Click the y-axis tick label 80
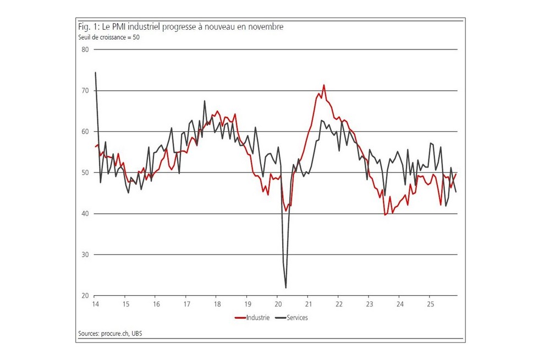[x=85, y=49]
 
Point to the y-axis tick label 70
[x=85, y=91]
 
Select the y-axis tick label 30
[x=85, y=255]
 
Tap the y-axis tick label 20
[x=85, y=296]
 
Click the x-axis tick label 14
[x=95, y=304]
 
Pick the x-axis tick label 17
[x=186, y=304]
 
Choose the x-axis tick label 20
[x=278, y=304]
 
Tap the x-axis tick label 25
[x=431, y=304]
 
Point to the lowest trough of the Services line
[x=286, y=287]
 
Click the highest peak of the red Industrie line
[x=324, y=85]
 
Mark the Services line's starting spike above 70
[x=96, y=73]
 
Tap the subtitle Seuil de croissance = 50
[x=108, y=37]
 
